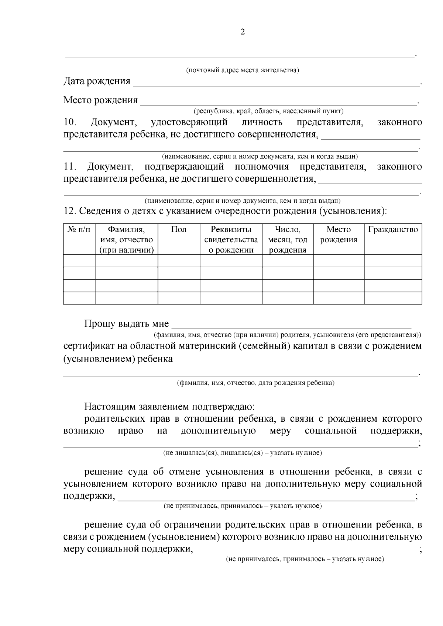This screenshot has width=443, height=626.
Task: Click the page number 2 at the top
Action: (x=243, y=32)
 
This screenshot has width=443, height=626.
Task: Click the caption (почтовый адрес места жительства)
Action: (x=242, y=70)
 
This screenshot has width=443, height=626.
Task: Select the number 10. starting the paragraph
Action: (x=70, y=122)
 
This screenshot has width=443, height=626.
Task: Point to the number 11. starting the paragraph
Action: (x=69, y=167)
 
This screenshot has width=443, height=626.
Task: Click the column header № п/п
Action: (x=79, y=230)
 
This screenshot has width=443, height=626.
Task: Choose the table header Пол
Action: (x=179, y=230)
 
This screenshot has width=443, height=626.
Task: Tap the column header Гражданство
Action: (x=393, y=230)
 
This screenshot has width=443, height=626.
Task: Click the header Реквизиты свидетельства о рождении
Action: (x=231, y=240)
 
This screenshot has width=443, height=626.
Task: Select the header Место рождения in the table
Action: (x=338, y=234)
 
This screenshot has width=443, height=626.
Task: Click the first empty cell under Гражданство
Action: (x=393, y=261)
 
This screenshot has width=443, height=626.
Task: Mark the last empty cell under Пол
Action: (x=179, y=298)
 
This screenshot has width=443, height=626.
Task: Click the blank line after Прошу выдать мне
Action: (x=292, y=325)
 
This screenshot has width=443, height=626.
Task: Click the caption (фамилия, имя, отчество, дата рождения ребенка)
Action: (x=255, y=383)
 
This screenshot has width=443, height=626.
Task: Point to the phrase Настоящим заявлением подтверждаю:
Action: (x=169, y=407)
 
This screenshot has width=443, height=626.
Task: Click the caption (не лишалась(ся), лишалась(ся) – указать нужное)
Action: (x=243, y=453)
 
